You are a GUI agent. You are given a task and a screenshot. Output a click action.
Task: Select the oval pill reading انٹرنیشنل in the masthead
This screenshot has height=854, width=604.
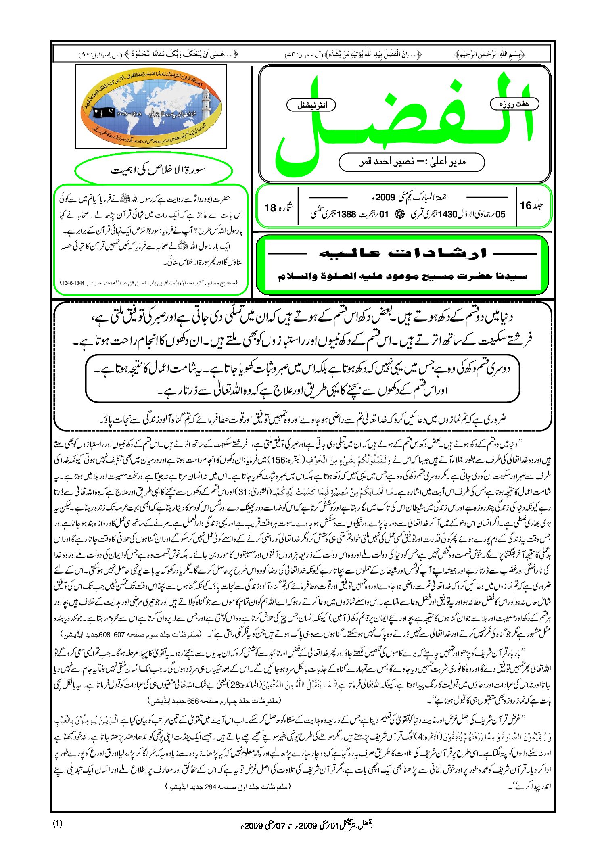(x=311, y=105)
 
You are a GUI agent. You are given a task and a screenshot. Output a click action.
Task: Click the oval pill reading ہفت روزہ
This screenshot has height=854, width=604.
(x=514, y=104)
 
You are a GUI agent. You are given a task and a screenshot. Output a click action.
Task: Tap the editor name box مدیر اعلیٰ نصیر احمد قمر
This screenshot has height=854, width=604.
(x=412, y=162)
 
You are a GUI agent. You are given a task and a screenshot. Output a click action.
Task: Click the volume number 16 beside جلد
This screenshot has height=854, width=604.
(x=526, y=205)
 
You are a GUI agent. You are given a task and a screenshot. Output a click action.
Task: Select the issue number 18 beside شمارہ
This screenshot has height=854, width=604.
(x=270, y=208)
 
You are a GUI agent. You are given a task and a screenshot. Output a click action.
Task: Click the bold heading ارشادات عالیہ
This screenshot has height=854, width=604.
(x=403, y=253)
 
